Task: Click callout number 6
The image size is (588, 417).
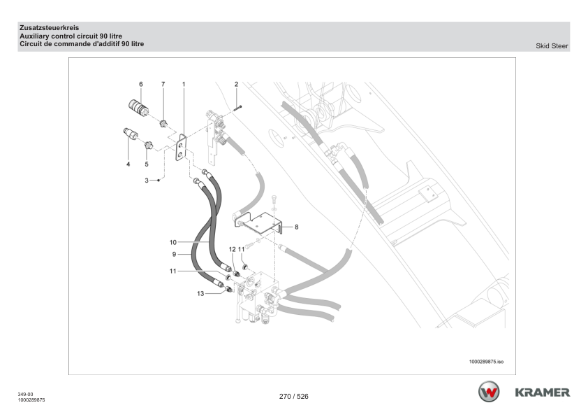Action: (140, 84)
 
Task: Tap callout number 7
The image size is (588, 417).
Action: (163, 84)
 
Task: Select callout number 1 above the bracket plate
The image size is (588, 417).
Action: (184, 84)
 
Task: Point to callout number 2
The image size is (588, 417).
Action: (237, 84)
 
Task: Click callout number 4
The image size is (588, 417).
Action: (128, 164)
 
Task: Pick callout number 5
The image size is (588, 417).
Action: (147, 164)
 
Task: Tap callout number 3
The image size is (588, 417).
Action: (147, 181)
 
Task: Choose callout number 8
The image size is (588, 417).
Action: (297, 227)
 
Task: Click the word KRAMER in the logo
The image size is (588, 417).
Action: (543, 391)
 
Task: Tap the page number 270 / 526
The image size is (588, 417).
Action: (293, 397)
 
